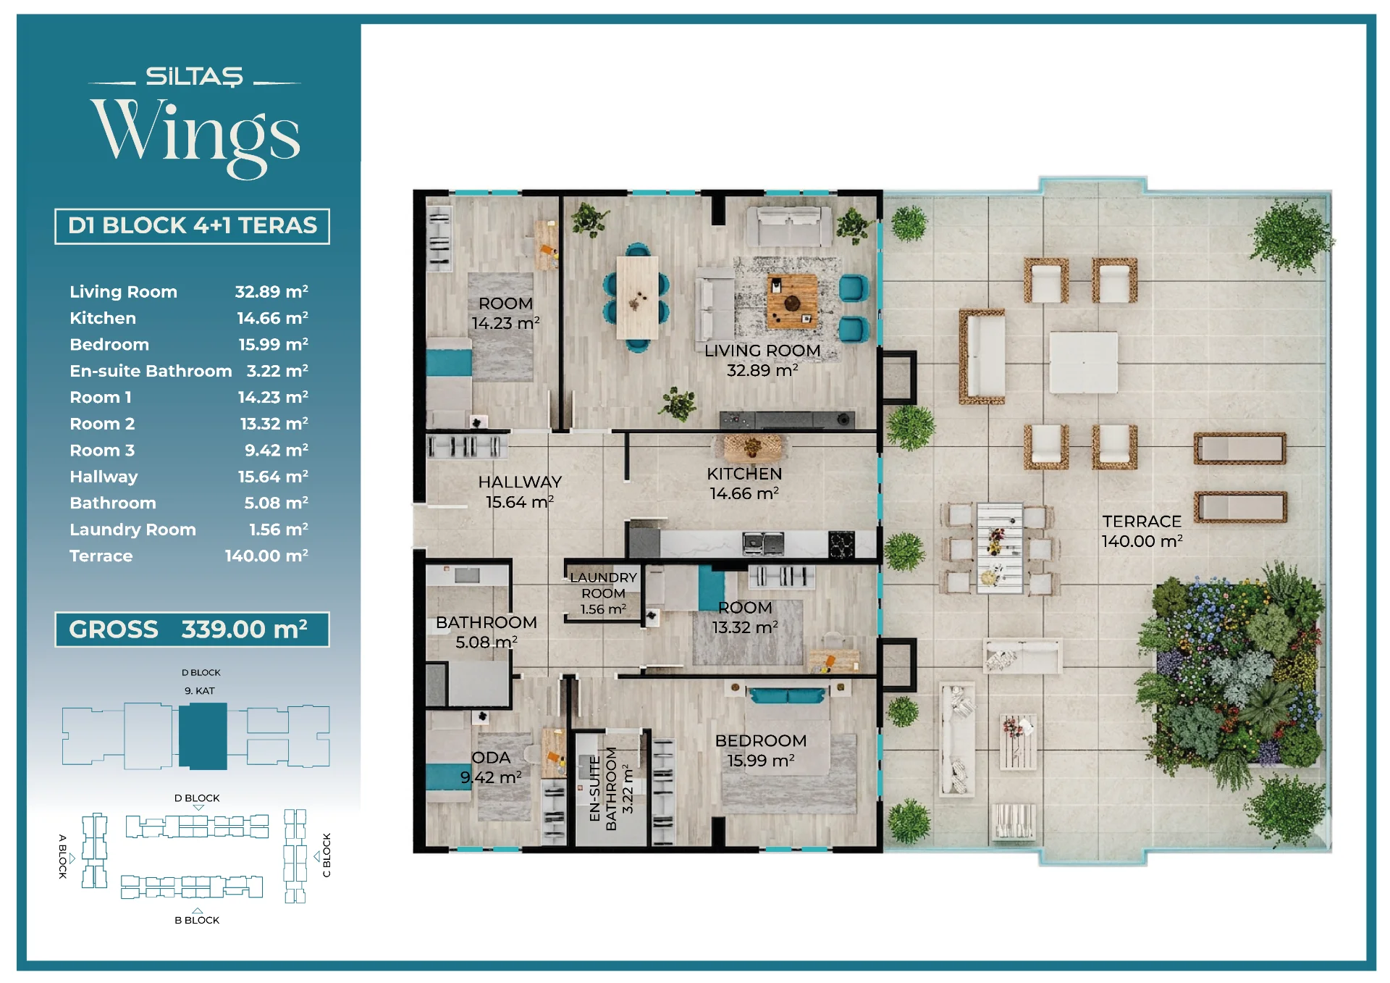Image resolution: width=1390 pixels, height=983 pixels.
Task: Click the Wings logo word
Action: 195,136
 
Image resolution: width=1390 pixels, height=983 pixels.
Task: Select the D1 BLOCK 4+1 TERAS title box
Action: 192,226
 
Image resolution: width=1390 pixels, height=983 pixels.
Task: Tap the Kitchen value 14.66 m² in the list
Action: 272,318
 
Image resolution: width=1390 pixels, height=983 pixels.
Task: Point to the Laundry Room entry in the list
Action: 132,530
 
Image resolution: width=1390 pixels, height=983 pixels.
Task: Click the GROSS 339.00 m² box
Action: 192,629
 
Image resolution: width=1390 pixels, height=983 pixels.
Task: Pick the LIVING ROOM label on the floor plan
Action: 762,351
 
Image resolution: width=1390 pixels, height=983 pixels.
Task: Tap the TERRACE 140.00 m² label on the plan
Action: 1142,531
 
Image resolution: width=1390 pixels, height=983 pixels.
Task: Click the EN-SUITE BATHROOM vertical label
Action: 602,788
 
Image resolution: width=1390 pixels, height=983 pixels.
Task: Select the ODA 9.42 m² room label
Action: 491,767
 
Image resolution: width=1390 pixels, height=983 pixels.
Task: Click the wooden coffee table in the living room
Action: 792,301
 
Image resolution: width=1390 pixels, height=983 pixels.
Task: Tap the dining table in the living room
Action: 638,297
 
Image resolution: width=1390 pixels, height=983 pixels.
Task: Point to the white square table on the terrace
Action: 1083,362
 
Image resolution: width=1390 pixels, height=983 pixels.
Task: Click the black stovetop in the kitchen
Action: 841,544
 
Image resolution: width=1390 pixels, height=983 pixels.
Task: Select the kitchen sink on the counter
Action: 763,543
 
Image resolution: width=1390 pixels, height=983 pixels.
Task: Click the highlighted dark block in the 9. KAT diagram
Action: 203,736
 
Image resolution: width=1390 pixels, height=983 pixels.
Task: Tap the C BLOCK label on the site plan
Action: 327,855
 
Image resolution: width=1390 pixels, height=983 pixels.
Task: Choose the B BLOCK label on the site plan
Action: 197,920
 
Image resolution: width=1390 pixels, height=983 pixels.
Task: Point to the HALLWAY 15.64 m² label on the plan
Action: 520,492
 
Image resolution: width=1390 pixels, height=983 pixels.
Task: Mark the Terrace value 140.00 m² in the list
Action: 266,556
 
